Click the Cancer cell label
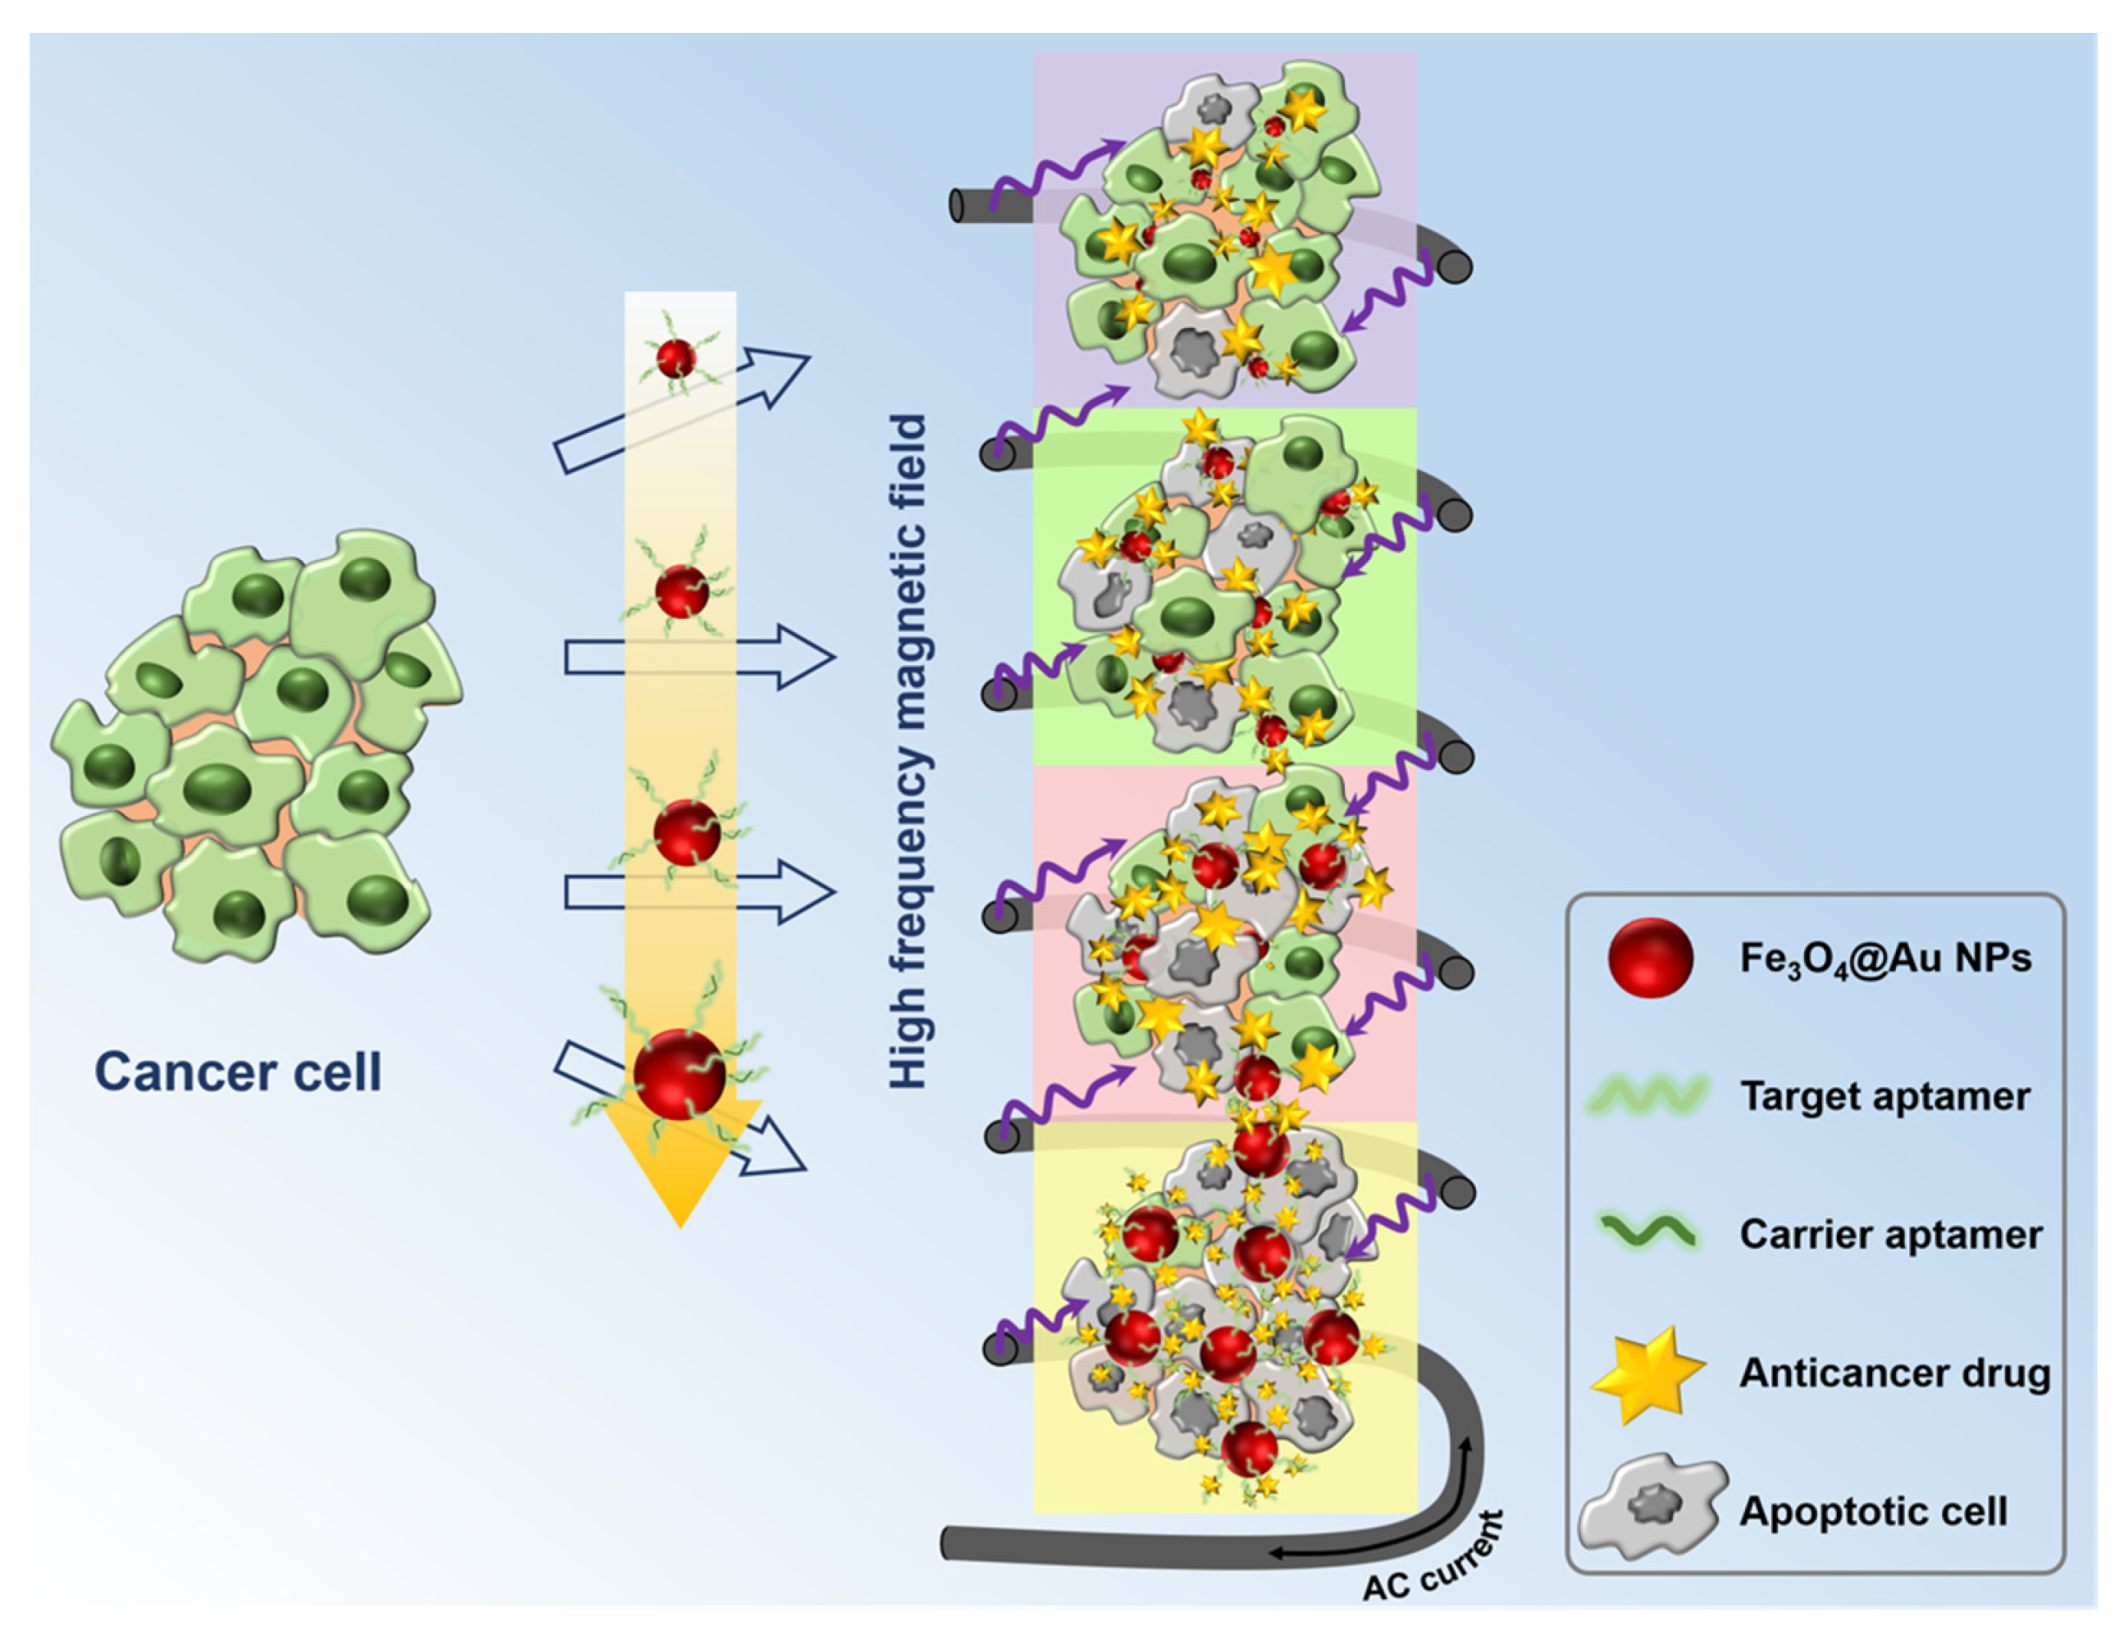click(238, 1073)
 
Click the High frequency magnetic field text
click(909, 752)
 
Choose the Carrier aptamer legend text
click(1890, 1234)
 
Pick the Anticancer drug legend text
click(1894, 1373)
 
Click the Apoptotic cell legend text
click(1872, 1511)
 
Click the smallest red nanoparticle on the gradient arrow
click(677, 358)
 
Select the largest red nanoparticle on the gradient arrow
click(679, 1075)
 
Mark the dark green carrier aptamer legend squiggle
click(1648, 1233)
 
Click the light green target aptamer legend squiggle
click(1648, 1096)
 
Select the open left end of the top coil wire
click(958, 206)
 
